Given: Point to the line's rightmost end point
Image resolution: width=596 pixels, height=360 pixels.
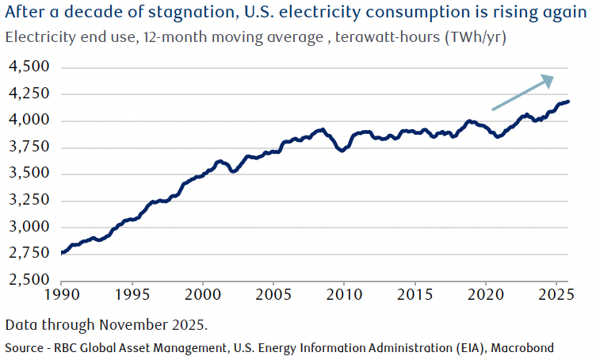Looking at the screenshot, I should tap(568, 101).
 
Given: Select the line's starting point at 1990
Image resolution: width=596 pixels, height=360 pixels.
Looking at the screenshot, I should tap(62, 253).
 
